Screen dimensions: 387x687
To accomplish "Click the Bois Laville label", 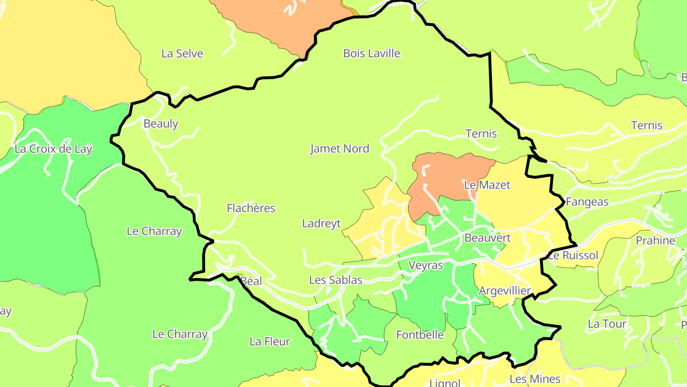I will [x=372, y=54].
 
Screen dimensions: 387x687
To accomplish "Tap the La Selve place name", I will [x=182, y=54].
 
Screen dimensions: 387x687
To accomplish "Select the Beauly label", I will [x=161, y=124].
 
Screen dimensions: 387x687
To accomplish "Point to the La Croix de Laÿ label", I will [x=53, y=149].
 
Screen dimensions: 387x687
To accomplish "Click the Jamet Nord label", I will [x=340, y=149].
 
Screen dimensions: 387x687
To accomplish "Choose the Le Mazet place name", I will [x=487, y=185].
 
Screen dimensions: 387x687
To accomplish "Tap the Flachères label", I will [x=251, y=208].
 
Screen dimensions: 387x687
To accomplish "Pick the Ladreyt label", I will [x=322, y=224].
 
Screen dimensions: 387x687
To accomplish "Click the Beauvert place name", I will [x=488, y=238].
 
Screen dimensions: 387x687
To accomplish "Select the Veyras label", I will [x=427, y=265].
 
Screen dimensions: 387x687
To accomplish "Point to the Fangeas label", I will [x=587, y=202].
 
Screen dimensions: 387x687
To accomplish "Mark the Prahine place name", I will [x=656, y=241].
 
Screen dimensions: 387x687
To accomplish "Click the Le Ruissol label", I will [x=572, y=256].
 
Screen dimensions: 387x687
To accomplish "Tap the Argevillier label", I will [x=505, y=291].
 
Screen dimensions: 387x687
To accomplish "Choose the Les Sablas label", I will [x=336, y=280].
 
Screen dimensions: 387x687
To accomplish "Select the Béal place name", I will [x=251, y=281].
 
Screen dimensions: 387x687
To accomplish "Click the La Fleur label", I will [x=270, y=342].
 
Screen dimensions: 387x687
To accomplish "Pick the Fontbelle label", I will [x=420, y=335].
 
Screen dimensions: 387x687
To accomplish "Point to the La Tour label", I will [x=607, y=324].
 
